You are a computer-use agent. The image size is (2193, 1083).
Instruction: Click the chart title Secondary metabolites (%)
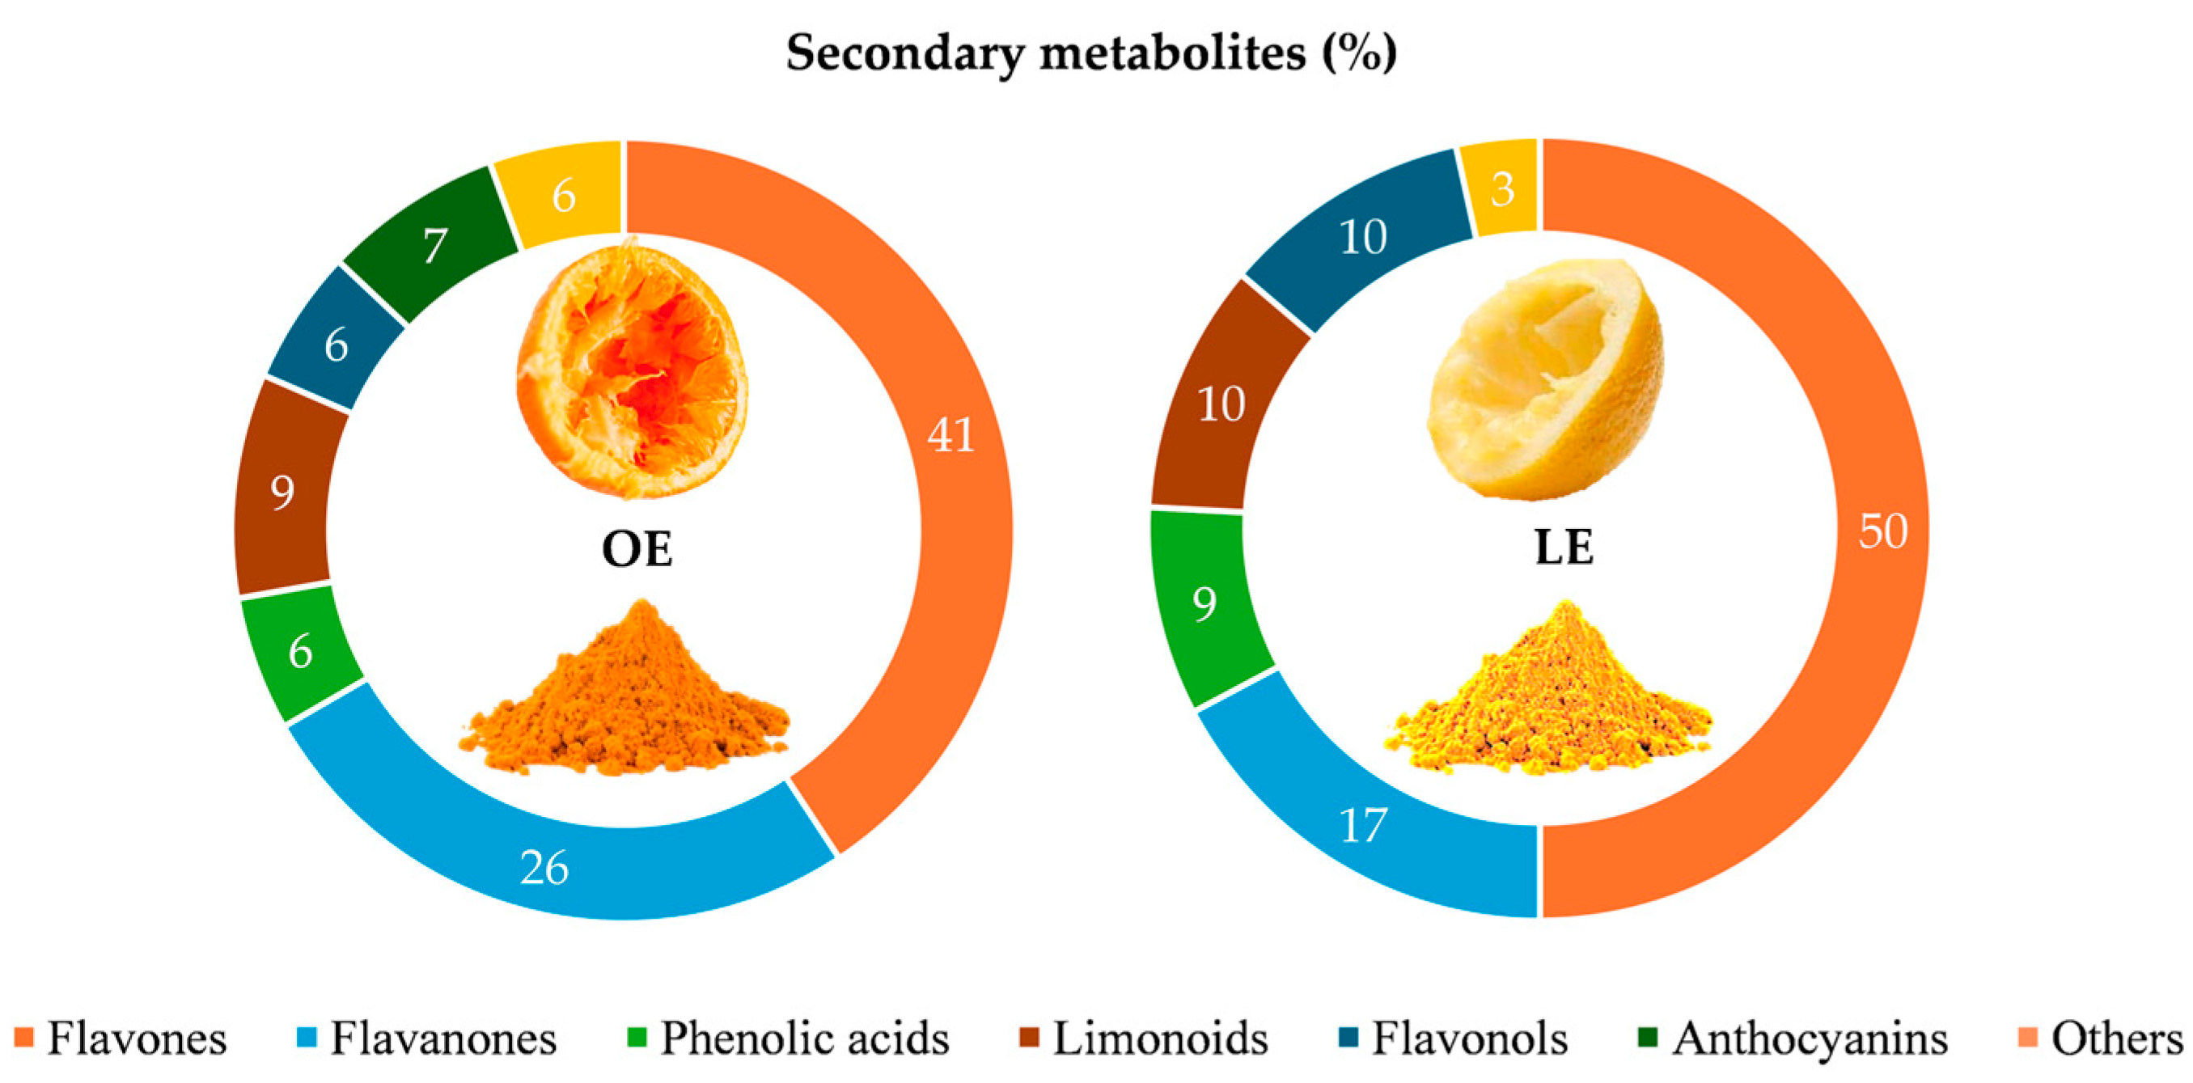click(x=1091, y=53)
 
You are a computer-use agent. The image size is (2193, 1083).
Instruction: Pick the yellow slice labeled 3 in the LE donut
click(x=1501, y=188)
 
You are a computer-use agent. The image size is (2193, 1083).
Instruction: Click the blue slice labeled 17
click(x=1362, y=824)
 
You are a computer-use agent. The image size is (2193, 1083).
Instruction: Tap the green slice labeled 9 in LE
click(x=1204, y=603)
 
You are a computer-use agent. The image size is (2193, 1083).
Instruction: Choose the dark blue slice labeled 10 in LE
click(x=1362, y=236)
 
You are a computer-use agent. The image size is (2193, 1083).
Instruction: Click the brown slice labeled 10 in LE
click(x=1221, y=403)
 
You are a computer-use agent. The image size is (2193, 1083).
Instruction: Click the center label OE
click(x=637, y=549)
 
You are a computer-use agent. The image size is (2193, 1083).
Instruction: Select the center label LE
click(x=1564, y=548)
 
